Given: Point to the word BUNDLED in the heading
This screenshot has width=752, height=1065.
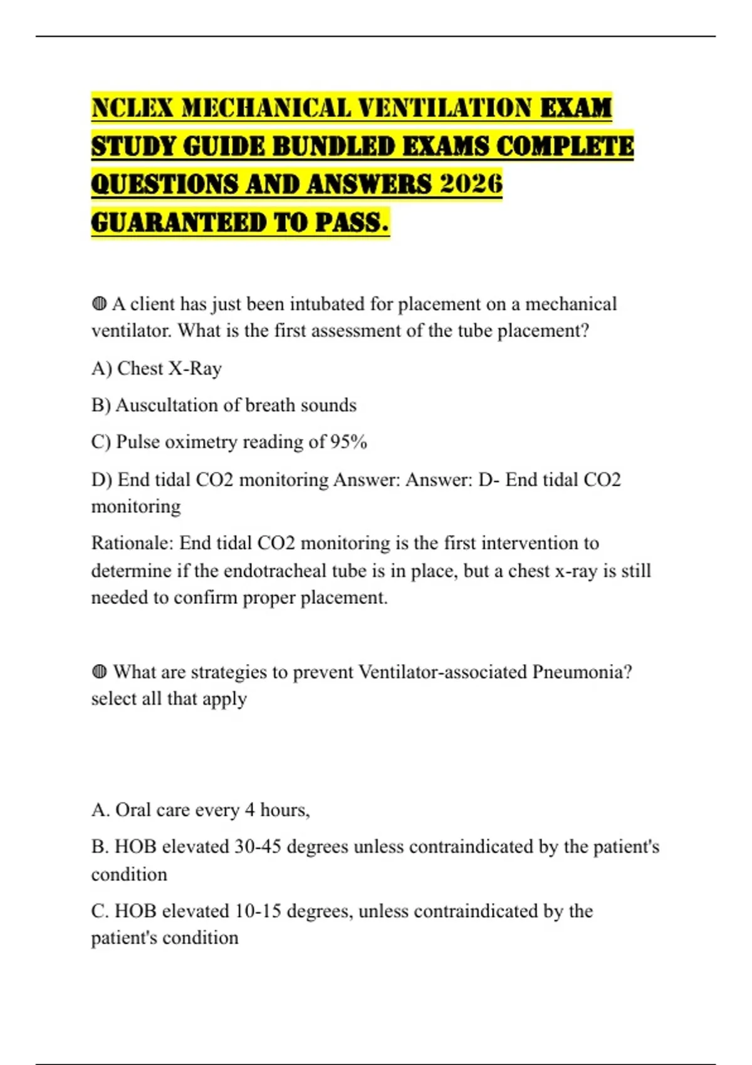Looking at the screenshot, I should (335, 146).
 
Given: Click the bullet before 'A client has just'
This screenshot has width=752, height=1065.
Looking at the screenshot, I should (99, 304).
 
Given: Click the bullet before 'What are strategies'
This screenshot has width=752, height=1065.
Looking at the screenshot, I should (99, 672).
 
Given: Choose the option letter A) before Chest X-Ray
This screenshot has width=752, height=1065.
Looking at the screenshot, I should (102, 368).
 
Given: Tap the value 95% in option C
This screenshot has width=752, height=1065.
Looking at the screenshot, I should (348, 442).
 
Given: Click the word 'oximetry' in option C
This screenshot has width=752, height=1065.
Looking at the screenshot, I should (201, 442).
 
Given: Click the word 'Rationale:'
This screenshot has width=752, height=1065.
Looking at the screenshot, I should (132, 543).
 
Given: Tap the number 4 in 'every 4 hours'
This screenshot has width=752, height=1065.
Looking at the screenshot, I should (249, 810).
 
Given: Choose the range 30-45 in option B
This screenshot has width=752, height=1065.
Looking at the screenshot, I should (258, 847).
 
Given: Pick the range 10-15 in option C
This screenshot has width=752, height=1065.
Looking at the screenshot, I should (258, 911).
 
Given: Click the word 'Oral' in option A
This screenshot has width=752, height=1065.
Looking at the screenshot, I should (132, 810).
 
